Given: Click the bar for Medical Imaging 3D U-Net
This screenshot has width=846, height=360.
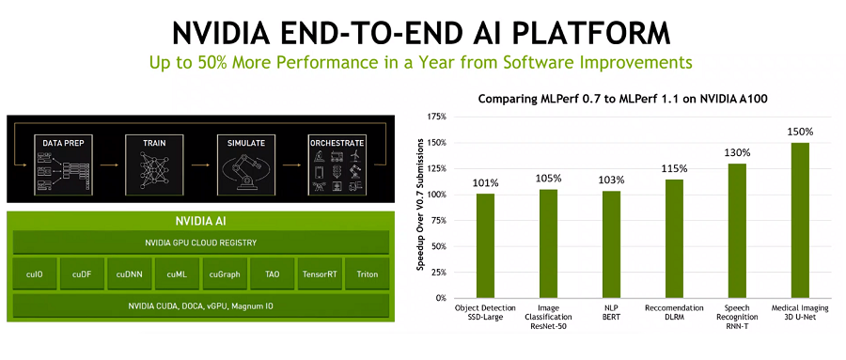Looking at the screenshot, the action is pos(800,220).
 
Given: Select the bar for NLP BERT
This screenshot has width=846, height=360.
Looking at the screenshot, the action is pos(611,244).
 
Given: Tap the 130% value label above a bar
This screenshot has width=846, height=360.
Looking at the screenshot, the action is pos(737,153).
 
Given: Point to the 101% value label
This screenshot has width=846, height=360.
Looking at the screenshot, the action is pos(486,183).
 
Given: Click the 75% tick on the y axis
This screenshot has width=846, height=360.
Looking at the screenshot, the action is pos(439,221).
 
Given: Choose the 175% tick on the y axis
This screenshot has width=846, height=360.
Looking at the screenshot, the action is pos(436,117).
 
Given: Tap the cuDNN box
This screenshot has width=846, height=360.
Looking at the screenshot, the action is pos(129,274).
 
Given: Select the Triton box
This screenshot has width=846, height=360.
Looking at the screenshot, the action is pos(368,274).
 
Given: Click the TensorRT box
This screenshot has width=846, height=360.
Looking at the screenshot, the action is pos(320,274).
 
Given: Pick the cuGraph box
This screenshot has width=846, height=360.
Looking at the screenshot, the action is pos(225,274).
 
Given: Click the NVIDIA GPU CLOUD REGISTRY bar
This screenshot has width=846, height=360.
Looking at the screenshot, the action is pos(201,243).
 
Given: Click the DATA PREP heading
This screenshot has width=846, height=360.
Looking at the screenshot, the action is pos(64,144).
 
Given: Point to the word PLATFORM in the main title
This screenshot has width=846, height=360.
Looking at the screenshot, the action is pos(592,34).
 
